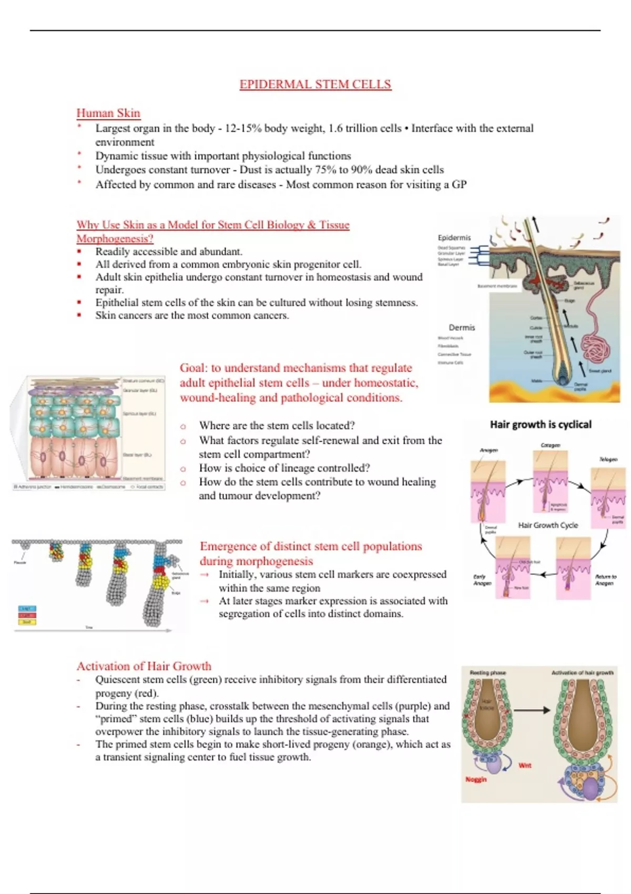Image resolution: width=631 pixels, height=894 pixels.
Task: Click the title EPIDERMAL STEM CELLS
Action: [315, 85]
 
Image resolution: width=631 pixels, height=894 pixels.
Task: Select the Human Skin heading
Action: [108, 113]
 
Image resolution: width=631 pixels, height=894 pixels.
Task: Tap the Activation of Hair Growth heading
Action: [144, 666]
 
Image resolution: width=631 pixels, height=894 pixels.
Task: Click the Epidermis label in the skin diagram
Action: [454, 238]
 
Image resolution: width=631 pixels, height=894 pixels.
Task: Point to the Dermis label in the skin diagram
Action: [462, 327]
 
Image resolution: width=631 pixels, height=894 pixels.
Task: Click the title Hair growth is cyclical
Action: [540, 424]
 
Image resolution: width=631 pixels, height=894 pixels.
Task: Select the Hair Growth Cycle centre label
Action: [548, 525]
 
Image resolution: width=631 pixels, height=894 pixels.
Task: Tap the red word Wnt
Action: [525, 765]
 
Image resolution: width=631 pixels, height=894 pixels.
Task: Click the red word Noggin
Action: [476, 779]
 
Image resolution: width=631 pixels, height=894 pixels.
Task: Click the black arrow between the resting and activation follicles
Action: [532, 710]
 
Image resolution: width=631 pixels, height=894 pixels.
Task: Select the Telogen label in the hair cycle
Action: [608, 459]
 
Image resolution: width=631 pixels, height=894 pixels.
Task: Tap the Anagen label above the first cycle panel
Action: [488, 450]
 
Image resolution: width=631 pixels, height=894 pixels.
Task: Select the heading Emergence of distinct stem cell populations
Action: [311, 546]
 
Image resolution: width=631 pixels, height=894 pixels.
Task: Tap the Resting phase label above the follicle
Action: [487, 673]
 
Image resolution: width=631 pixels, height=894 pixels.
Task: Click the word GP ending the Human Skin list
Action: [459, 185]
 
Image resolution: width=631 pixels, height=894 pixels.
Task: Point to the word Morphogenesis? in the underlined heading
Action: [115, 239]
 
